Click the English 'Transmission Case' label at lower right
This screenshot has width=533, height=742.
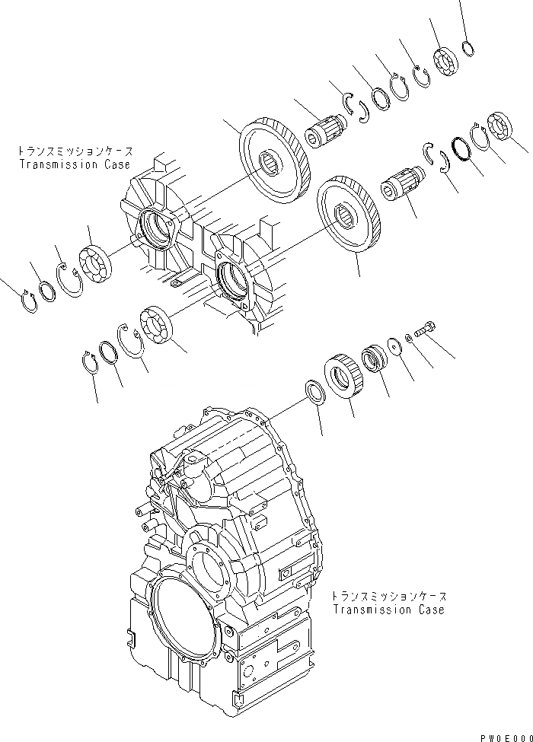(x=388, y=610)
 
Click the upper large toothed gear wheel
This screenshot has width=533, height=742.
(x=275, y=161)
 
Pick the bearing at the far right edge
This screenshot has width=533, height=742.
(x=499, y=127)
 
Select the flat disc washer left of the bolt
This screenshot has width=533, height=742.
(x=394, y=345)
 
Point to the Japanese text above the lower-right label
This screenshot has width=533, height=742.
(x=388, y=597)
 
